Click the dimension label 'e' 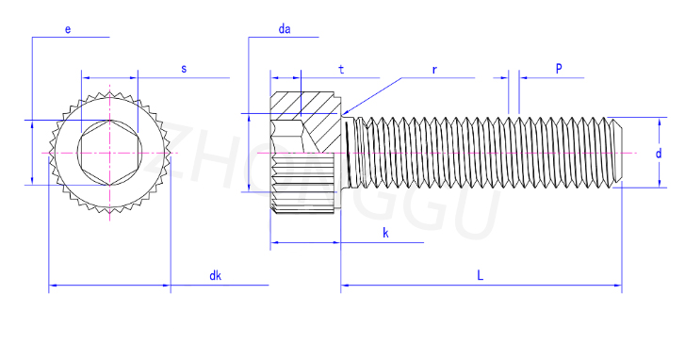tap(68, 29)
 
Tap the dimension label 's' tap(184, 69)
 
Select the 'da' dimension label tap(285, 29)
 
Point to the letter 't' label tap(341, 70)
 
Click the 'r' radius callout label tap(434, 70)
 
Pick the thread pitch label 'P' tap(559, 68)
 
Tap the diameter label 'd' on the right tap(659, 154)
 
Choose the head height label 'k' tap(385, 233)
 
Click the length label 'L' tap(481, 275)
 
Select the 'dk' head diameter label tap(216, 276)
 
